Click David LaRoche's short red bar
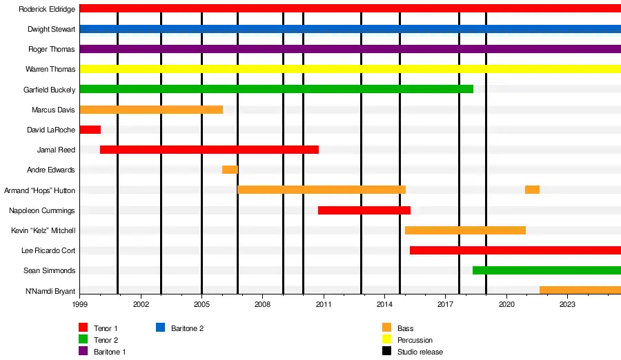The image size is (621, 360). [x=90, y=130]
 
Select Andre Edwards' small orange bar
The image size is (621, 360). [x=230, y=170]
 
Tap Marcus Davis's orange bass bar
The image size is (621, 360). [x=151, y=110]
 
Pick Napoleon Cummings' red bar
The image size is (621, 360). [x=364, y=210]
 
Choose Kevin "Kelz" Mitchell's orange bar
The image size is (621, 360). [x=465, y=230]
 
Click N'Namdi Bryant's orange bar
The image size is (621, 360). [x=580, y=290]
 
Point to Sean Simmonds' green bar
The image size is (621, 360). [x=546, y=270]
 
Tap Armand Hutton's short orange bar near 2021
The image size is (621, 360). [x=532, y=190]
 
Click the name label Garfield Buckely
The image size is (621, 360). [x=49, y=90]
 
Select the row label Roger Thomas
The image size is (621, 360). [x=52, y=50]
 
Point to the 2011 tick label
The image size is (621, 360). [x=324, y=303]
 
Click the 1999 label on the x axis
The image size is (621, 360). [x=80, y=303]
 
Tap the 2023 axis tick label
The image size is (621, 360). [x=567, y=303]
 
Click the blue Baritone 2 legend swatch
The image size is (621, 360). [x=160, y=328]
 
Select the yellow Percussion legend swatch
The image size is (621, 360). [x=386, y=340]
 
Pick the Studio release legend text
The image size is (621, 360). [x=420, y=352]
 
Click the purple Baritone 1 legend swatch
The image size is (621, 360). [x=83, y=352]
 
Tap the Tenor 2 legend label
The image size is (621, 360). [x=106, y=340]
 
